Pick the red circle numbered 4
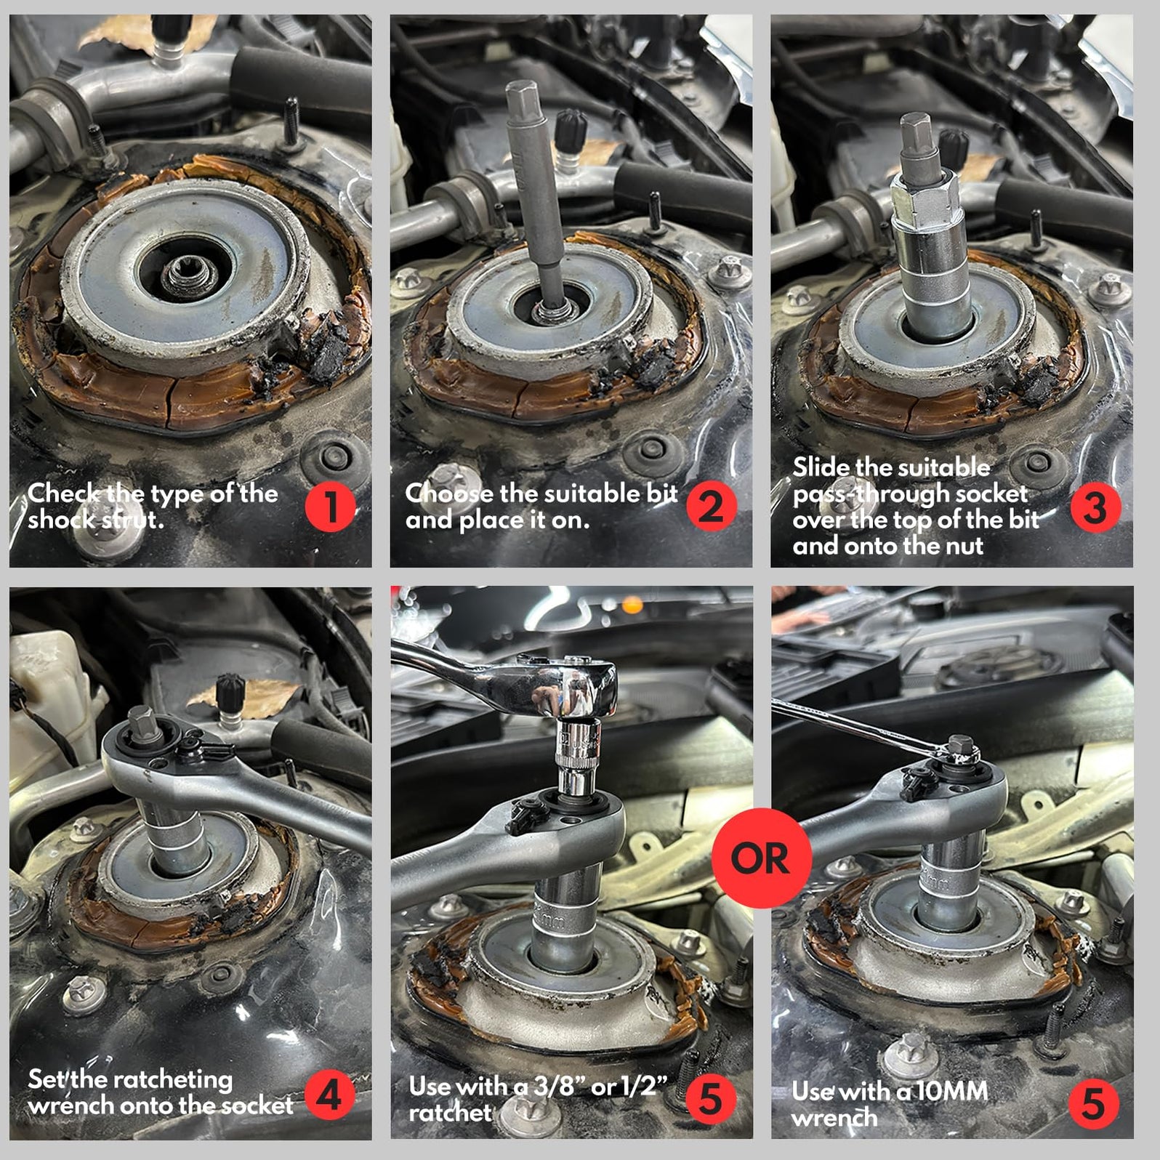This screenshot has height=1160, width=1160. pyautogui.click(x=331, y=1094)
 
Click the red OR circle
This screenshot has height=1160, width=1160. pyautogui.click(x=760, y=858)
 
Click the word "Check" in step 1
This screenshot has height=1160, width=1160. pyautogui.click(x=65, y=494)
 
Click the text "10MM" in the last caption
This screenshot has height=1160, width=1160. pyautogui.click(x=951, y=1091)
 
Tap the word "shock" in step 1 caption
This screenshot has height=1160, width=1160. pyautogui.click(x=61, y=520)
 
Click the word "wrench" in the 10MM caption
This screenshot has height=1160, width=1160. pyautogui.click(x=834, y=1118)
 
